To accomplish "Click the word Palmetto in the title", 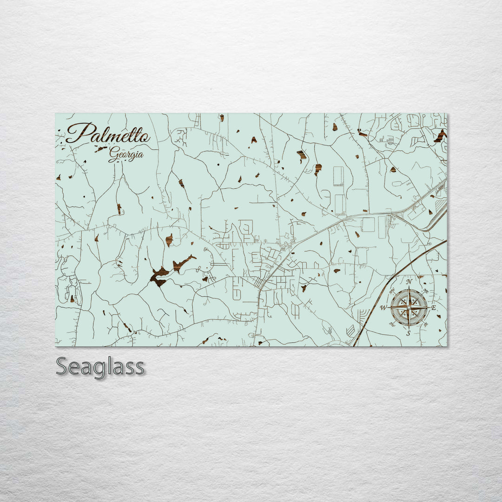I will (x=108, y=133).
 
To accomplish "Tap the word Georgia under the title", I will (x=126, y=154).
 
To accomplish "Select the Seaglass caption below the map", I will (x=100, y=367).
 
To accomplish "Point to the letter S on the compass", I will (x=409, y=333).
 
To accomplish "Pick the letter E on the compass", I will (x=434, y=308).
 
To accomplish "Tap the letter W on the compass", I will (x=383, y=308).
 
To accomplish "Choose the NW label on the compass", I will (x=392, y=291).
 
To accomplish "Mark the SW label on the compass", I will (x=392, y=324).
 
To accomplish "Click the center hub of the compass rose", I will (x=409, y=307).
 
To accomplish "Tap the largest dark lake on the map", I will (x=159, y=276).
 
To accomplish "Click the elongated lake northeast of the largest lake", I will (x=183, y=262).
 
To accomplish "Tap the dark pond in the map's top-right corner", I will (x=440, y=135).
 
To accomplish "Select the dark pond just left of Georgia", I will (x=100, y=149).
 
